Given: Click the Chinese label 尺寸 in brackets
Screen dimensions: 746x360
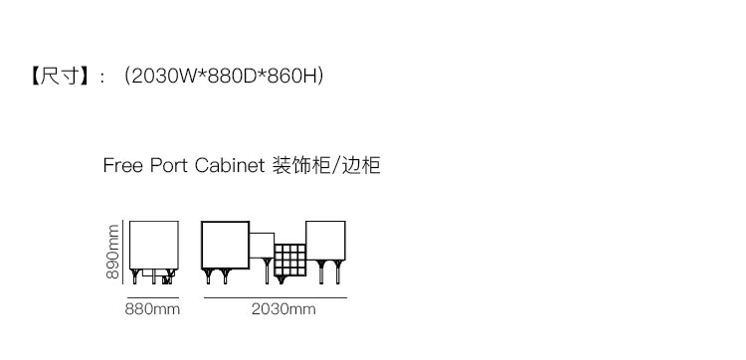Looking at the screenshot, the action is click(58, 77).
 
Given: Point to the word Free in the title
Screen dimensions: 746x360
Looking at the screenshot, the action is click(122, 165).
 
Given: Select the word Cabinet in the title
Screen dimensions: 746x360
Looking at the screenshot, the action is click(230, 165).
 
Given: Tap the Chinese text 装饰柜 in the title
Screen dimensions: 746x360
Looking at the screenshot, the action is click(301, 165).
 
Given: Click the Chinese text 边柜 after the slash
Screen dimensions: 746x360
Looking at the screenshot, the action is click(361, 165).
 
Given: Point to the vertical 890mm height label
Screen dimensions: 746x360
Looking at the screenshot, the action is click(112, 252).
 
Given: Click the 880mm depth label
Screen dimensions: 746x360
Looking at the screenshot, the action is click(152, 309).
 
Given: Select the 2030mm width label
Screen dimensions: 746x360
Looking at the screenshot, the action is click(283, 309).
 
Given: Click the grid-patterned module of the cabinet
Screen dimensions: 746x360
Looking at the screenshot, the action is click(289, 261).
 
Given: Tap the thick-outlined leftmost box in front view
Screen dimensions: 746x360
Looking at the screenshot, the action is click(226, 245).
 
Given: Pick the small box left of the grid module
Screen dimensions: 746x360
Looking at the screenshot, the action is click(263, 246).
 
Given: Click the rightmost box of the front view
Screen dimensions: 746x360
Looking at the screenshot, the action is click(325, 241).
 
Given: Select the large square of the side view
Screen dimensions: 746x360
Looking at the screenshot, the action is click(154, 245).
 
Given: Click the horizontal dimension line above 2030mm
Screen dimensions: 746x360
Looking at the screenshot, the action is click(276, 297).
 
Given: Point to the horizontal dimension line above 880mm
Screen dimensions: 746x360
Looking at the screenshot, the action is click(153, 297).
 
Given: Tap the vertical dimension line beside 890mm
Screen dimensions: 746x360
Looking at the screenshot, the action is click(123, 252).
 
